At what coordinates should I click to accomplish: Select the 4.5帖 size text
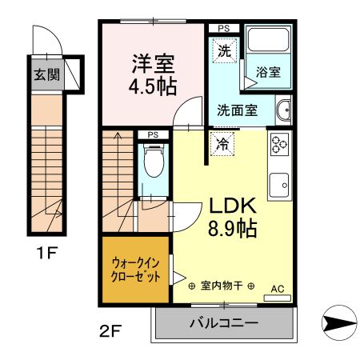click(153, 83)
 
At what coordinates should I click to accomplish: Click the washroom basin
click(283, 110)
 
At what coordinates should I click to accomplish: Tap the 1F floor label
click(46, 255)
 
